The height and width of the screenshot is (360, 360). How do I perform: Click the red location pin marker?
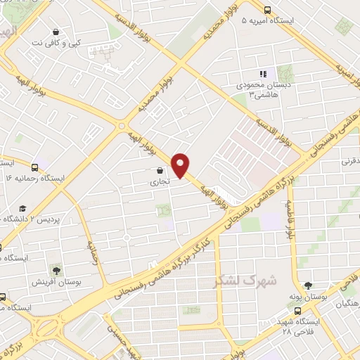point(181,165)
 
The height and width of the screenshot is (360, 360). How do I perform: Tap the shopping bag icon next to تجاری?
point(160,170)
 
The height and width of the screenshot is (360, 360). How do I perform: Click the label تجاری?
point(154,181)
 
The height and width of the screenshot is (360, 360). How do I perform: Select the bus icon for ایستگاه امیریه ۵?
point(267,10)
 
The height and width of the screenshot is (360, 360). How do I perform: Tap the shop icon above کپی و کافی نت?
point(56,32)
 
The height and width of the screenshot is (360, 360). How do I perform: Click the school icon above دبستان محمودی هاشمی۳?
point(264,73)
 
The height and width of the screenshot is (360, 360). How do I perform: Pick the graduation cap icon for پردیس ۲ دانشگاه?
point(22,209)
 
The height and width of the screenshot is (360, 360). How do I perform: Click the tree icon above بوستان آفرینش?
point(56,270)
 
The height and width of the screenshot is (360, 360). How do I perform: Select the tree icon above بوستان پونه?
point(308,285)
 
